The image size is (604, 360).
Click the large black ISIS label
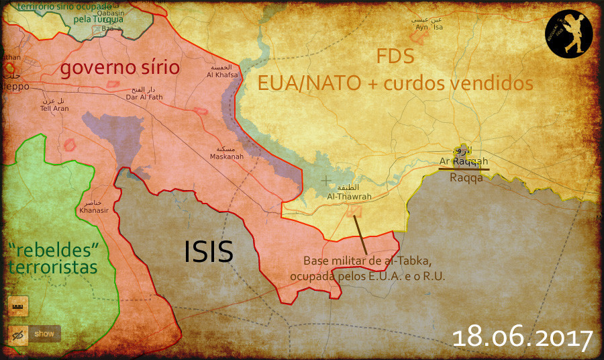(208, 252)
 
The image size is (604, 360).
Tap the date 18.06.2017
(522, 337)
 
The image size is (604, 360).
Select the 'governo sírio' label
(120, 68)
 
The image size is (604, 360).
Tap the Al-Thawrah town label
(349, 197)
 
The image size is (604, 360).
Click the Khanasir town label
(94, 210)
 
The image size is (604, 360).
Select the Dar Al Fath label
(145, 97)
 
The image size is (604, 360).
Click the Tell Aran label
(55, 107)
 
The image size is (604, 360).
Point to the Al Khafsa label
(221, 75)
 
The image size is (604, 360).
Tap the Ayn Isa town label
(430, 27)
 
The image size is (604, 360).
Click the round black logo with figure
(568, 34)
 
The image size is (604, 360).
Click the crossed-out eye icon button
(18, 333)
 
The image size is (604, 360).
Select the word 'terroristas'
(52, 267)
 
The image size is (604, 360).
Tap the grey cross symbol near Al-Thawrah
(326, 181)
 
